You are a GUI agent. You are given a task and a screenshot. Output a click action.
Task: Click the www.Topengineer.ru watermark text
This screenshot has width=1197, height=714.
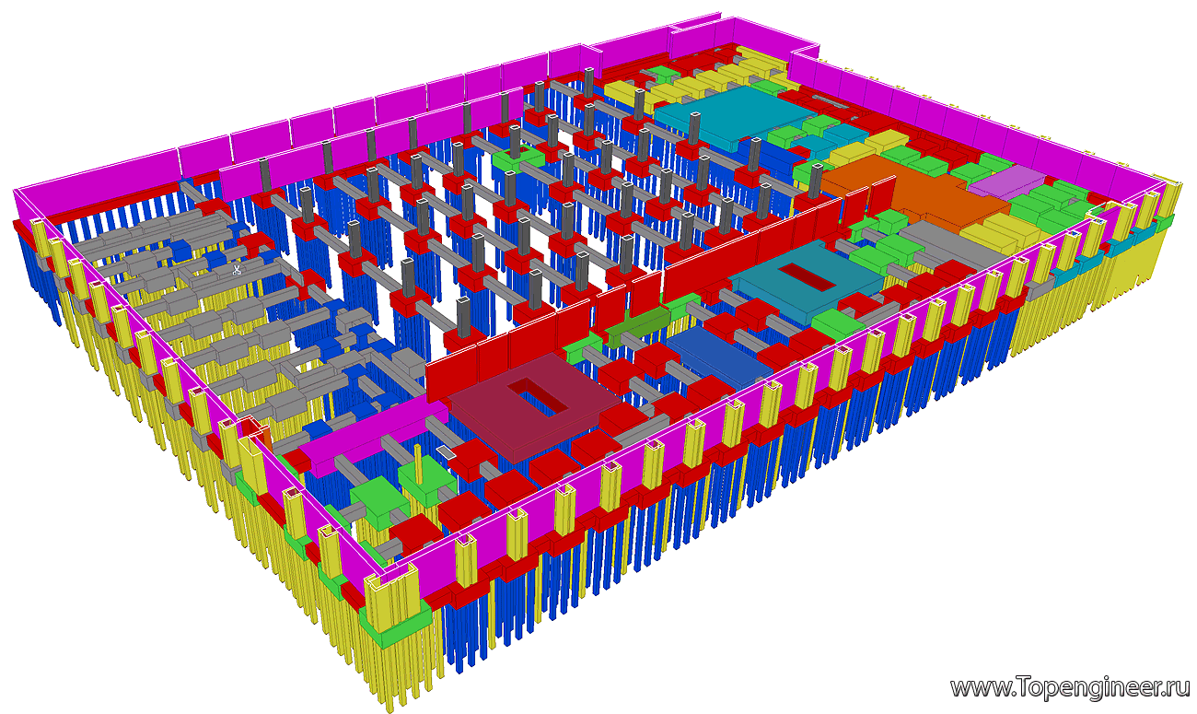click(1070, 688)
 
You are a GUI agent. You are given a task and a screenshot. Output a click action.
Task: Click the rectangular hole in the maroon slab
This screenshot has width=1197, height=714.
click(538, 396)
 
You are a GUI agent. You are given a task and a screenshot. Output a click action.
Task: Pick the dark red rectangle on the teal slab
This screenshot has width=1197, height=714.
click(806, 277)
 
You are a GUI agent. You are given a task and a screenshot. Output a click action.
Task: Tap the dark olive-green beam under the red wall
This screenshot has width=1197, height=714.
click(639, 327)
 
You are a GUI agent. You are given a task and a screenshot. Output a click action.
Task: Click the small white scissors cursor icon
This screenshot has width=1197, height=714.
click(237, 269)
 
